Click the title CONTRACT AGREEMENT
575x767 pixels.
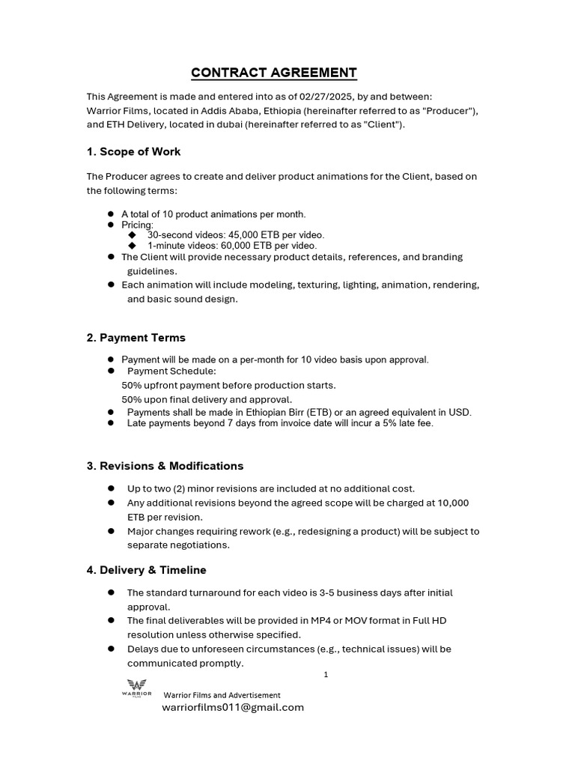(x=274, y=73)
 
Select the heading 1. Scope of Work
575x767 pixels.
(x=133, y=151)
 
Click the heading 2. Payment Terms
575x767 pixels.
(x=136, y=337)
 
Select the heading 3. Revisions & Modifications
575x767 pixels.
(x=165, y=466)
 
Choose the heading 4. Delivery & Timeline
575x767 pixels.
(x=146, y=570)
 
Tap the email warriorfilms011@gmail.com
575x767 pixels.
(x=233, y=707)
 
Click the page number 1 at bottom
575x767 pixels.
(x=326, y=675)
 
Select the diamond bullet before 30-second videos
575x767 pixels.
(x=133, y=234)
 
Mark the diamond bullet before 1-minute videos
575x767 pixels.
(x=133, y=245)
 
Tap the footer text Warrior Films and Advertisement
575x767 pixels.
(x=222, y=695)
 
